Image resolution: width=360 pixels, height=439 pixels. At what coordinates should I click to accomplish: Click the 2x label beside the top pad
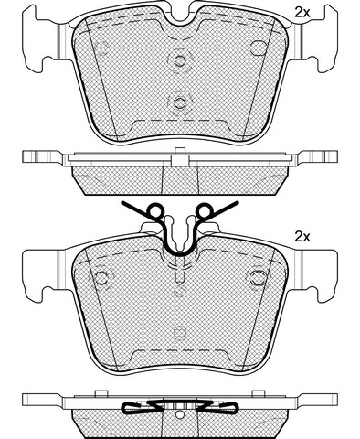coord(302,13)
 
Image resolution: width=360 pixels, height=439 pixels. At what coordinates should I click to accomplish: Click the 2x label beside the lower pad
coord(302,237)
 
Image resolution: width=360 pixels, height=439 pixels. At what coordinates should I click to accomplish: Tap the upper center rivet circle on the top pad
coord(180,60)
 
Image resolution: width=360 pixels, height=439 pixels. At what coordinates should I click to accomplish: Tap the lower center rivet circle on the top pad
coord(180,102)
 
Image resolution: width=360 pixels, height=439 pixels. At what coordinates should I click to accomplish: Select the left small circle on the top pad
coord(102,48)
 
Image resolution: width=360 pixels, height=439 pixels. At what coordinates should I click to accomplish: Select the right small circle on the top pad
coord(259,48)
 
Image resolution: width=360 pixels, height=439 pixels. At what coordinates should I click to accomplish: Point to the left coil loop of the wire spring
coord(154,210)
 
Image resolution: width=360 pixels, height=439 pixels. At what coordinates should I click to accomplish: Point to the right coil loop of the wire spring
coord(206,210)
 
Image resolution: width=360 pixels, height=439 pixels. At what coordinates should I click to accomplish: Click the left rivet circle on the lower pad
coord(101,277)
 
